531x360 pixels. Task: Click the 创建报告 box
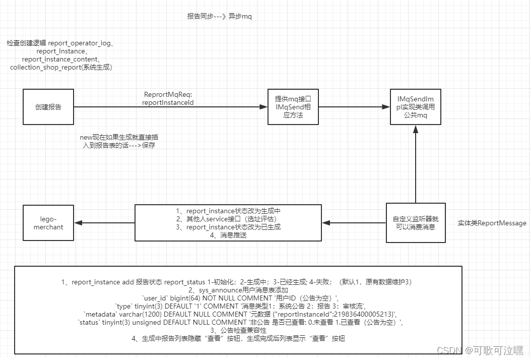pyautogui.click(x=48, y=107)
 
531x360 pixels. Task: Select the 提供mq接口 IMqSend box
pyautogui.click(x=293, y=107)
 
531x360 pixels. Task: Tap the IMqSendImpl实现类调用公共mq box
pyautogui.click(x=415, y=107)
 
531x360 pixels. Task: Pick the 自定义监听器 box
pyautogui.click(x=416, y=223)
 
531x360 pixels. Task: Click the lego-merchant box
pyautogui.click(x=48, y=223)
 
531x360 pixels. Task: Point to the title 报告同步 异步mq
pyautogui.click(x=219, y=16)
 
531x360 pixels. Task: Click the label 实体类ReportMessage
pyautogui.click(x=492, y=223)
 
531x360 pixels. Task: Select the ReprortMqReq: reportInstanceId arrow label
pyautogui.click(x=169, y=98)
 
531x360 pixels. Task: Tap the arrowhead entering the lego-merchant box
pyautogui.click(x=79, y=223)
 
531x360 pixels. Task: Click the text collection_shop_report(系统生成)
pyautogui.click(x=60, y=67)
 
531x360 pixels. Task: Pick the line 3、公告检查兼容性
pyautogui.click(x=238, y=330)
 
